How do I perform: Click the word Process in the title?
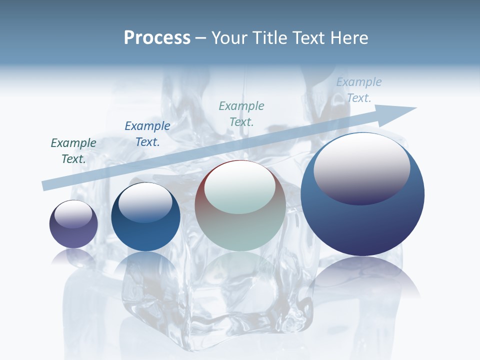click(x=157, y=38)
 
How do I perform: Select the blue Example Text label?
click(x=147, y=134)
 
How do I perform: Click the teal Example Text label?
click(x=241, y=113)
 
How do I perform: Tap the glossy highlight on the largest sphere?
click(x=361, y=168)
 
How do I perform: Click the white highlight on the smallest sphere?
click(x=73, y=214)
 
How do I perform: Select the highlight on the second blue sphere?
click(x=145, y=202)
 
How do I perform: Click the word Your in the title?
click(x=229, y=38)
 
